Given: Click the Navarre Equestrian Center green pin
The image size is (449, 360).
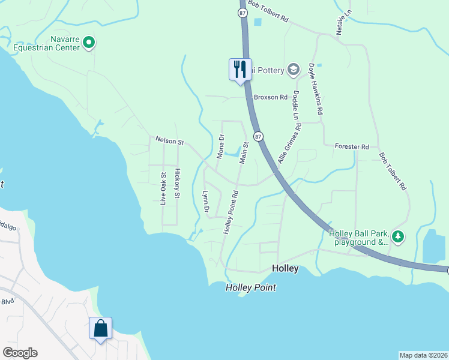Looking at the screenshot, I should coord(89,42).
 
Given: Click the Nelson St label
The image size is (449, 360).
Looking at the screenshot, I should coord(169,141).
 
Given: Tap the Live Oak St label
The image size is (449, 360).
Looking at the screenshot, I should coord(163,188).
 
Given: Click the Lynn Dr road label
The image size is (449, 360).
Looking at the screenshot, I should coord(205,202).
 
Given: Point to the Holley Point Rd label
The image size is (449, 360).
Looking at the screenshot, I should coord(231,212).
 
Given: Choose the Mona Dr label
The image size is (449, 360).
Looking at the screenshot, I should coord(220,146).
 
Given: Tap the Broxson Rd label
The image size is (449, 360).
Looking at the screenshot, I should coord(271,97).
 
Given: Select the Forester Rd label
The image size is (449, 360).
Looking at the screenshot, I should coord(352,146).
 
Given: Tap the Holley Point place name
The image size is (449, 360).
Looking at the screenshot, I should coord(251,288).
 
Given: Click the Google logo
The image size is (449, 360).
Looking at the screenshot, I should coord(20,353).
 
